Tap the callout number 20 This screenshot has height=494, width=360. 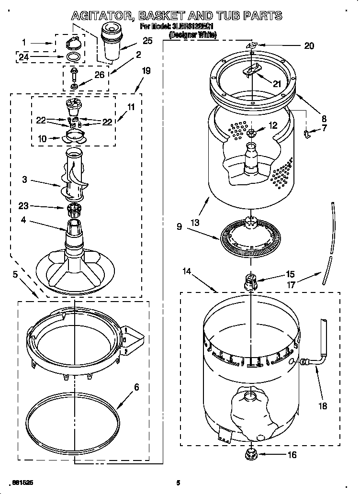pyautogui.click(x=309, y=46)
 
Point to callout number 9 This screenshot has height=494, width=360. pyautogui.click(x=179, y=227)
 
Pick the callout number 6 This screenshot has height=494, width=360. pyautogui.click(x=136, y=387)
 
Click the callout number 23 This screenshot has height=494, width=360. pyautogui.click(x=22, y=206)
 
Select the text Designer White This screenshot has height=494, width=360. pyautogui.click(x=193, y=34)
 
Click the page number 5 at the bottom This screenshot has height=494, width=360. pyautogui.click(x=178, y=483)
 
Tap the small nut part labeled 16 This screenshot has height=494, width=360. pyautogui.click(x=250, y=453)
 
